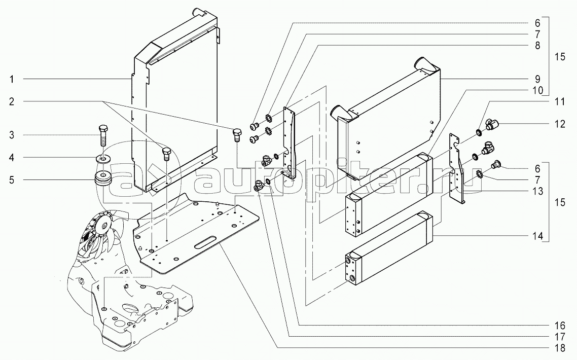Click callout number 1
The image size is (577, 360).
click(x=11, y=79)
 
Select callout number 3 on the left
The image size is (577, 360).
click(x=11, y=135)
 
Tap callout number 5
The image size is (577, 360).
click(x=11, y=179)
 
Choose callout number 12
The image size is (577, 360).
click(x=560, y=124)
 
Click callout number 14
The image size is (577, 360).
click(x=537, y=236)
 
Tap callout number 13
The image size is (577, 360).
click(x=537, y=191)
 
